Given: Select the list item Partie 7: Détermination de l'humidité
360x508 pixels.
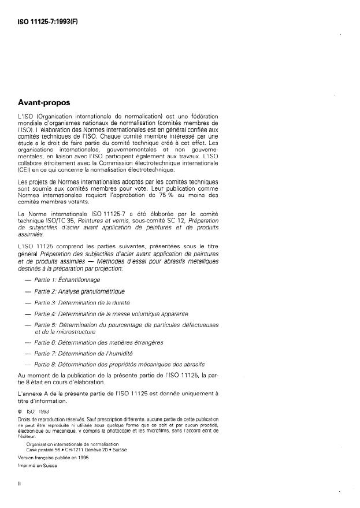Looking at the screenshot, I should [84, 353].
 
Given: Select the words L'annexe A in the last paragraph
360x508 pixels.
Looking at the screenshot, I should [34, 393].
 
